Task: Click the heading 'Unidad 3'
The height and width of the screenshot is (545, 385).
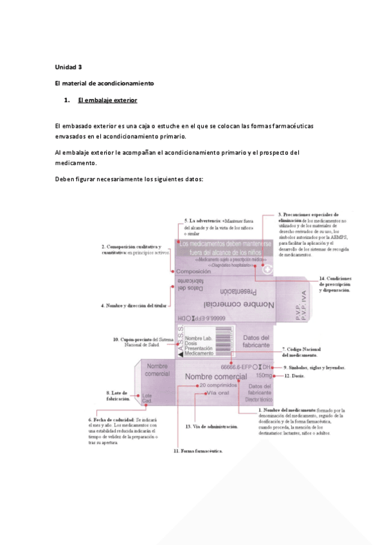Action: pyautogui.click(x=69, y=67)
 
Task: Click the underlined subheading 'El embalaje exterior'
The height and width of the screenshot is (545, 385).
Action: pyautogui.click(x=107, y=101)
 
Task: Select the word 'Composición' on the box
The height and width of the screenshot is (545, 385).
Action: pyautogui.click(x=193, y=272)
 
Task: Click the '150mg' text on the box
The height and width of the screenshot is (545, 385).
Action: pyautogui.click(x=264, y=375)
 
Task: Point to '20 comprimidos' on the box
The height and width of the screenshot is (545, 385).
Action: pyautogui.click(x=219, y=385)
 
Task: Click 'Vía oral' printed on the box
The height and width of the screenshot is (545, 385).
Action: pyautogui.click(x=217, y=393)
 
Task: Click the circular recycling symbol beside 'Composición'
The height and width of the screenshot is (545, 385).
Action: pyautogui.click(x=266, y=271)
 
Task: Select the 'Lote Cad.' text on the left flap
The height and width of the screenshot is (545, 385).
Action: pyautogui.click(x=147, y=398)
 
